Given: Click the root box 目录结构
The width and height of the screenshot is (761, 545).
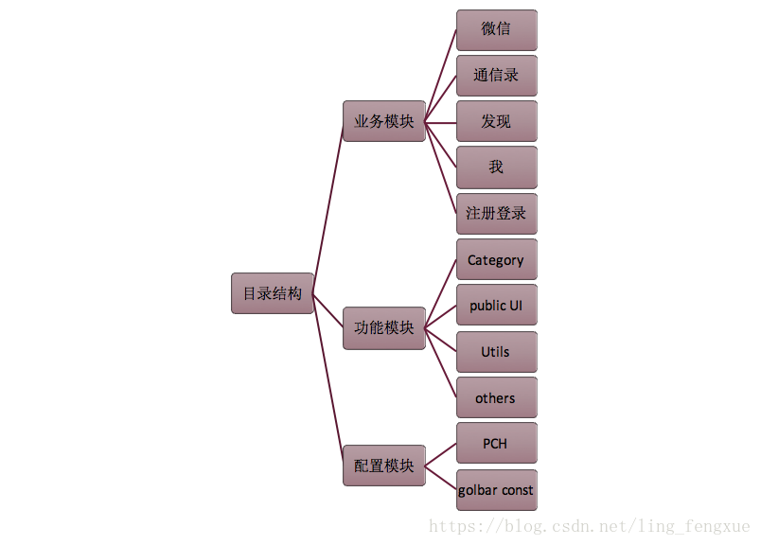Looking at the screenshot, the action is pos(272,293).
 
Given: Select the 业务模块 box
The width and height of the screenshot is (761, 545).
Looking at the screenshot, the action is pos(383,121).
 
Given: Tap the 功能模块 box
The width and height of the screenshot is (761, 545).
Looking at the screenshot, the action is pos(383,328).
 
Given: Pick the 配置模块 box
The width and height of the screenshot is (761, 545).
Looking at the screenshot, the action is pos(383,466).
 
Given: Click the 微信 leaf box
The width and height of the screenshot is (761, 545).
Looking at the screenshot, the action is pos(496,29).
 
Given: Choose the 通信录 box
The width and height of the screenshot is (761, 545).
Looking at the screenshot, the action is pos(496,76).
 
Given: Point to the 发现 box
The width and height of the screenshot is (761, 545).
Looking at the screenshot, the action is pos(496,121).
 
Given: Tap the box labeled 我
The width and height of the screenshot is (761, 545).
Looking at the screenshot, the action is pos(496,167).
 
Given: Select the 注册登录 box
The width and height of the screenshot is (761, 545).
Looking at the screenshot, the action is pos(496,214).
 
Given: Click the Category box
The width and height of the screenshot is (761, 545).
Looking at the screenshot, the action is pos(496,260).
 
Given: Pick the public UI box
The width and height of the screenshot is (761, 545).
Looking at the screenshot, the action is pos(496,306).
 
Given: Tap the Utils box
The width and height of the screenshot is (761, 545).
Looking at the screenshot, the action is pos(496,352).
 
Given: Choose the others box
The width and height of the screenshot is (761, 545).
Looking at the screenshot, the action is pos(496,398).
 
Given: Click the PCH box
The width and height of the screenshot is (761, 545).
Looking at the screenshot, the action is pos(496,444).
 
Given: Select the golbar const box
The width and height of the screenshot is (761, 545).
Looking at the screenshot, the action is pos(496,490).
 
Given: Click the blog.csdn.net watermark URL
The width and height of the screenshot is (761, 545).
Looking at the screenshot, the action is pos(589,526).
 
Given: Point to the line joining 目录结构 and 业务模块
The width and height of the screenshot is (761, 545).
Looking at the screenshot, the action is pos(327,207).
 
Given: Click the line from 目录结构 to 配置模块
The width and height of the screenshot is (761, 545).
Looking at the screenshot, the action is pos(328,379).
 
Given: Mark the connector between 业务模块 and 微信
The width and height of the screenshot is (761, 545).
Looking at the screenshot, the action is pos(440,76).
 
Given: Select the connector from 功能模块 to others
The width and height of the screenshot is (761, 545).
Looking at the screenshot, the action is pos(441,363).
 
